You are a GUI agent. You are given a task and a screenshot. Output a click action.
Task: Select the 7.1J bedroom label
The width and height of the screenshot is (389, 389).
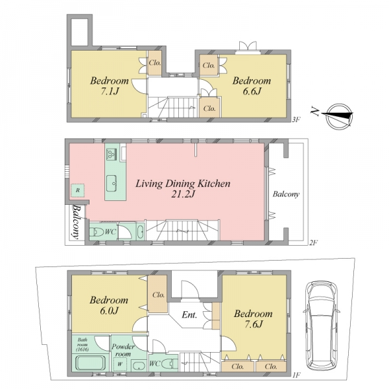(x=110, y=86)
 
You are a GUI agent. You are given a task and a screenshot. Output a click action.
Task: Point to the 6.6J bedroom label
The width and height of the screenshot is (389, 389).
(x=252, y=86)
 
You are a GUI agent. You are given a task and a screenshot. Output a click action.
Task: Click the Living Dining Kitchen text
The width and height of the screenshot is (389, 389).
(x=183, y=183)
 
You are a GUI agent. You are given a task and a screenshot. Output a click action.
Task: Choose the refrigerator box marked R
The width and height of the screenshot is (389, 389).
(x=78, y=191)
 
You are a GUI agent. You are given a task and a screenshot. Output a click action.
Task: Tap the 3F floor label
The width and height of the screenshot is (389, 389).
(x=296, y=120)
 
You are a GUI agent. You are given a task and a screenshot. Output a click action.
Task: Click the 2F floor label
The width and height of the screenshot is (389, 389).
(x=313, y=242)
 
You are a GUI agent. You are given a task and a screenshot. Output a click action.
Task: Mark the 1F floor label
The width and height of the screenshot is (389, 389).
(x=296, y=375)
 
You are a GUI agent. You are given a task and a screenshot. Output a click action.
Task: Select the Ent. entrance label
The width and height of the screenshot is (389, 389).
(x=189, y=315)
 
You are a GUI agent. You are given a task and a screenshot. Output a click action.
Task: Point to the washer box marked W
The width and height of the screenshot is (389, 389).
(x=120, y=364)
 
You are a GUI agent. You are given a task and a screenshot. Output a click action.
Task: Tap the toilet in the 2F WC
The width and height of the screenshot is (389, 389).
(x=97, y=232)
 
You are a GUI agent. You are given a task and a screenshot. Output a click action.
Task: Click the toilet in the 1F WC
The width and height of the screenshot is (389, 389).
(x=170, y=364)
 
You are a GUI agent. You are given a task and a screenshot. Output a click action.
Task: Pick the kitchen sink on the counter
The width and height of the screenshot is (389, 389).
(x=112, y=183)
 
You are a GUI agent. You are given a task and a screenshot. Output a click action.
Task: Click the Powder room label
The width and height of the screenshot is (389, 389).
(x=123, y=350)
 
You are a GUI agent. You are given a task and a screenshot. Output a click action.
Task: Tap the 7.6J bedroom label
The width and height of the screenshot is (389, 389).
(x=253, y=319)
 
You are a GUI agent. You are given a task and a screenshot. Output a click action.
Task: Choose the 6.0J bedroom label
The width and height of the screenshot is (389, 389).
(x=109, y=305)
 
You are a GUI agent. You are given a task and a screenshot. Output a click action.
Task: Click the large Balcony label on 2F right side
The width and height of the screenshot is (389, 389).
(x=286, y=194)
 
